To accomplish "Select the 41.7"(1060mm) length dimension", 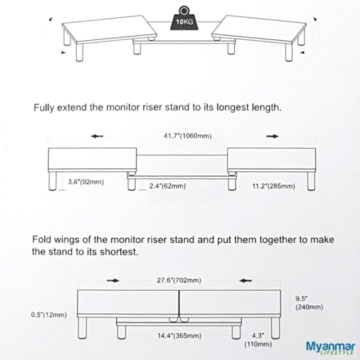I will point(180,135).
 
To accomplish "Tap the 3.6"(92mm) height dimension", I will point(85,181).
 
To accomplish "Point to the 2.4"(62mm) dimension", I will point(167,186).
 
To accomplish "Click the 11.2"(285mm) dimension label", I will point(273,186).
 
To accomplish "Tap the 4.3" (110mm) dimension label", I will point(258,339).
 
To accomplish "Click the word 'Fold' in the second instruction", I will point(42,239).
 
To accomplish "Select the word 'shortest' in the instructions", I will point(119,251).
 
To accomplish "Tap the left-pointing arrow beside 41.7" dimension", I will point(97,135).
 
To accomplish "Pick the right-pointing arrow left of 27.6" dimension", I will point(113,280).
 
